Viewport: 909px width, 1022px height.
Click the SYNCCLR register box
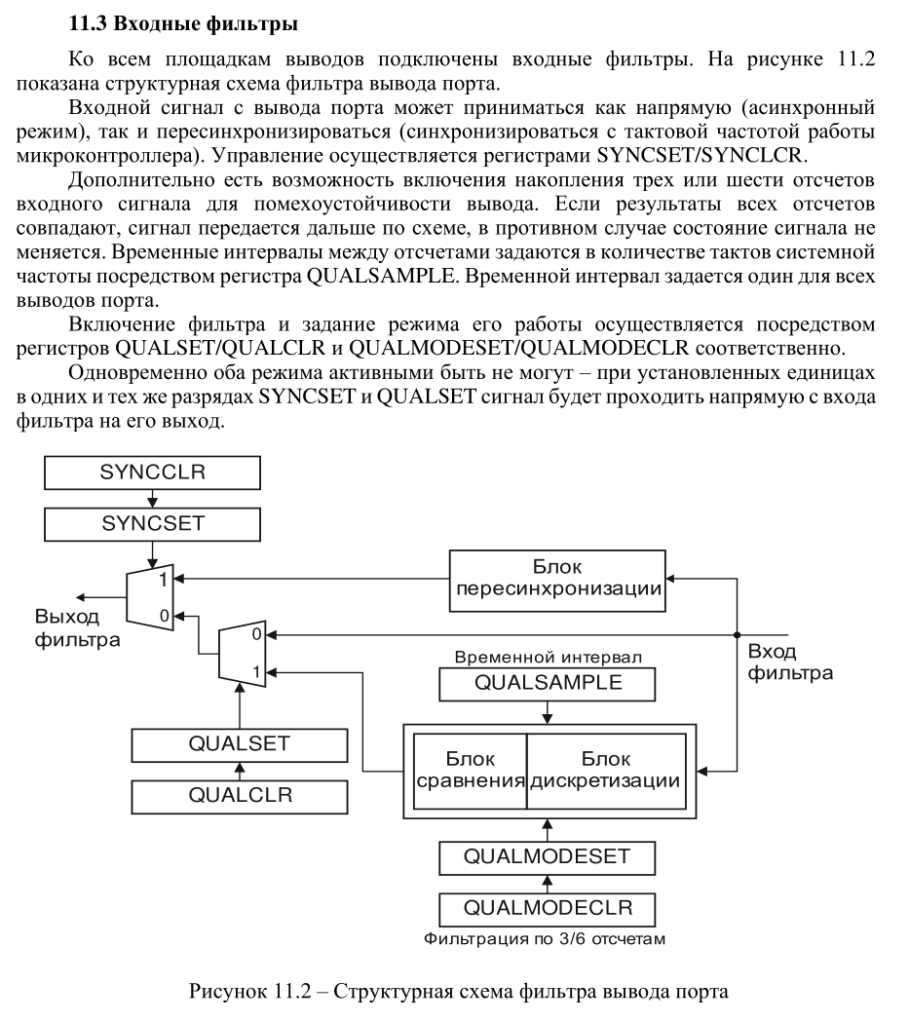coord(153,473)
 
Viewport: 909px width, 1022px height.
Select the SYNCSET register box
coord(153,524)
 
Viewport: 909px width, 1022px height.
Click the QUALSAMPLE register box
coord(548,684)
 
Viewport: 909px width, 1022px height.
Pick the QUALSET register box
coord(239,745)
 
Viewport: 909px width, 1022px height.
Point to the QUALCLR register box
coord(239,795)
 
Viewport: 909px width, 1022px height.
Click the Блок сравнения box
coord(471,771)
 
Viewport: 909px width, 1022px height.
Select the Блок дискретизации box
coord(605,771)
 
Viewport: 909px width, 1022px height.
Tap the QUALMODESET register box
coord(548,858)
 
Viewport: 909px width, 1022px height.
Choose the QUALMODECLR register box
coord(548,909)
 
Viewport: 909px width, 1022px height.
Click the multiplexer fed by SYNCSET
coord(150,596)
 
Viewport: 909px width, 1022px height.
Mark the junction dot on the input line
coord(738,633)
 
